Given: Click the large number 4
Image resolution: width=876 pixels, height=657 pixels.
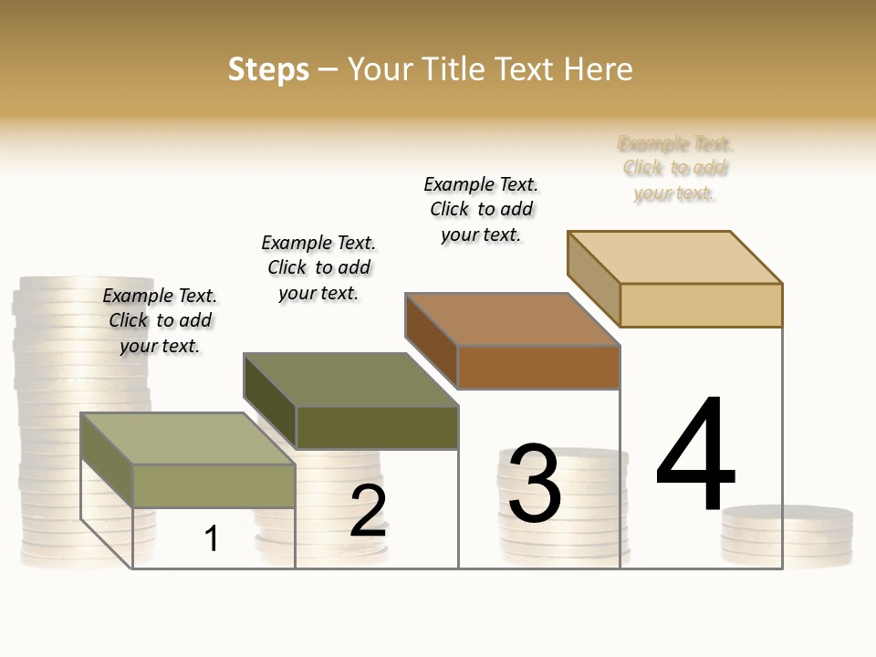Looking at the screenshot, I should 696,454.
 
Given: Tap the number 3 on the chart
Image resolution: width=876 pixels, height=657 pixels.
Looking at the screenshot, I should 535,484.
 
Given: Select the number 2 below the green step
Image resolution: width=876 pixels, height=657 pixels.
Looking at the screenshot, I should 368,511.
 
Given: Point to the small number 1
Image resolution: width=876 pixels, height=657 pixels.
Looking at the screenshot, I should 211,538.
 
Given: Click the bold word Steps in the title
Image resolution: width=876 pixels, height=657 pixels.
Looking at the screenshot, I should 268,69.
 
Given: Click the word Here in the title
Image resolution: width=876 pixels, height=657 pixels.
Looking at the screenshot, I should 598,69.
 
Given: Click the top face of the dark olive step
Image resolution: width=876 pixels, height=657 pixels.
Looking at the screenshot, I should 350,380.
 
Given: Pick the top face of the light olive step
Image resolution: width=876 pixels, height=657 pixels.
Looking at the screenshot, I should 188,439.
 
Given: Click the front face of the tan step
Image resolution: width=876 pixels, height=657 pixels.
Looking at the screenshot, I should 701,305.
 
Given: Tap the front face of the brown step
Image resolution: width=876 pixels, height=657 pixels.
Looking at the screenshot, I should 538,367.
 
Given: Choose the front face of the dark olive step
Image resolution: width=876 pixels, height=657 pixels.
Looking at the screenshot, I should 377,427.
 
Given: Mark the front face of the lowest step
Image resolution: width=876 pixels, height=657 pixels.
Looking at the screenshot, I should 214,485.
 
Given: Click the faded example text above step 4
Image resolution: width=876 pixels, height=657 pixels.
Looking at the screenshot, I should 675,168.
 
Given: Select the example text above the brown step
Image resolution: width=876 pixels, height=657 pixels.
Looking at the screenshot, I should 481,209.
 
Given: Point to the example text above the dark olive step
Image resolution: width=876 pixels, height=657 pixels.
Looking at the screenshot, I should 318,267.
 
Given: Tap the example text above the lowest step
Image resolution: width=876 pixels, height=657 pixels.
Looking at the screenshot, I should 160,320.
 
